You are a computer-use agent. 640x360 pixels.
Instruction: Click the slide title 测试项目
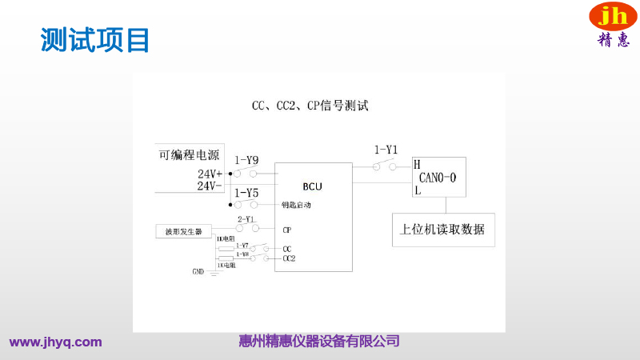[x=95, y=39]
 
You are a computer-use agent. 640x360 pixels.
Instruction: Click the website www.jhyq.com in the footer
[x=56, y=342]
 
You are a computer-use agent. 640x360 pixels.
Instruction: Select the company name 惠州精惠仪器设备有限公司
[x=319, y=342]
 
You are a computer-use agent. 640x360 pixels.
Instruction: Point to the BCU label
[x=313, y=186]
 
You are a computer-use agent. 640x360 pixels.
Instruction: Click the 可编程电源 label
[x=189, y=155]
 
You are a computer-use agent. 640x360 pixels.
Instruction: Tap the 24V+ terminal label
[x=210, y=174]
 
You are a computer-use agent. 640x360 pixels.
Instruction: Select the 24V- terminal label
[x=210, y=186]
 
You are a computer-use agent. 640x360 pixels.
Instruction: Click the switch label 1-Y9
[x=246, y=160]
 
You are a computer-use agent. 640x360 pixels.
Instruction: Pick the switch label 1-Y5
[x=246, y=193]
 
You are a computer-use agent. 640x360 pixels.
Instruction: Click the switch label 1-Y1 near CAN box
[x=386, y=150]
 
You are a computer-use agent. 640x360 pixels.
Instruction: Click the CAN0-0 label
[x=438, y=178]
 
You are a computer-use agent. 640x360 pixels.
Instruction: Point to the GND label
[x=198, y=271]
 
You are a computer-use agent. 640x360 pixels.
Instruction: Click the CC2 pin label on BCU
[x=289, y=258]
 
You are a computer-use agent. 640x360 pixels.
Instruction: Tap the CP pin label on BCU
[x=286, y=230]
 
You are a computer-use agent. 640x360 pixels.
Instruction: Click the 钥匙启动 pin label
[x=295, y=206]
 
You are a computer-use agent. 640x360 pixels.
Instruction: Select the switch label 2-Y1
[x=246, y=218]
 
